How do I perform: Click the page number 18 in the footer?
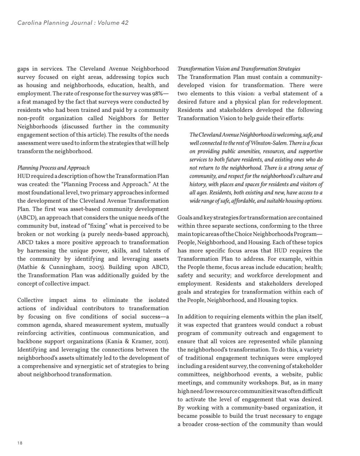[20, 443]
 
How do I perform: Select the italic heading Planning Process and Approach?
[53, 168]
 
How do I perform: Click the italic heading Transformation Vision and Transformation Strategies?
[239, 69]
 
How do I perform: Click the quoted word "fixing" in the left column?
[96, 226]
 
